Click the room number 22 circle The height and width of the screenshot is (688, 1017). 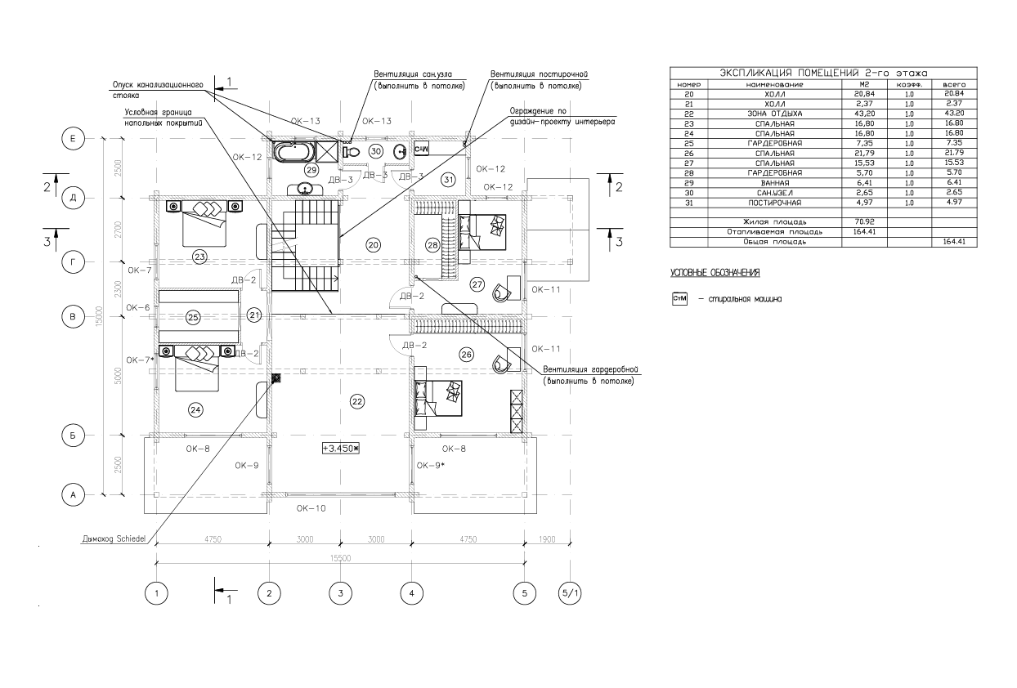[357, 400]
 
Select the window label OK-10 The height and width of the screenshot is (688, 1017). [311, 507]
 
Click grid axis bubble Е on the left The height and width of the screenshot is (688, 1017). [73, 140]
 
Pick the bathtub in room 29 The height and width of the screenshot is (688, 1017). [289, 152]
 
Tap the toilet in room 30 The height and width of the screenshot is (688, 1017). [353, 150]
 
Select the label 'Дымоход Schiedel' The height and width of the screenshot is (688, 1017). [114, 538]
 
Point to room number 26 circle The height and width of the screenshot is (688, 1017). [466, 355]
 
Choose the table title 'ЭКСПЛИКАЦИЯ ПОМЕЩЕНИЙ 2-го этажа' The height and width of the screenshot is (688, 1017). [823, 73]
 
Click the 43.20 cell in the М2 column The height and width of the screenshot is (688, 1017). [864, 113]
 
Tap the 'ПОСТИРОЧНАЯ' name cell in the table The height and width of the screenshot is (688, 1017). [773, 202]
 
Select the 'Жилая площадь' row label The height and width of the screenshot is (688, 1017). [773, 221]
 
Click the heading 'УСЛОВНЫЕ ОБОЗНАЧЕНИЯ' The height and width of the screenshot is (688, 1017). [715, 272]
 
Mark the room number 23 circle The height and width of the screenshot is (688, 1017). [199, 257]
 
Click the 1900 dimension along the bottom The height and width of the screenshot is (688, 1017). [548, 539]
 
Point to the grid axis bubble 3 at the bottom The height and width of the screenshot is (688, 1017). [340, 592]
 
